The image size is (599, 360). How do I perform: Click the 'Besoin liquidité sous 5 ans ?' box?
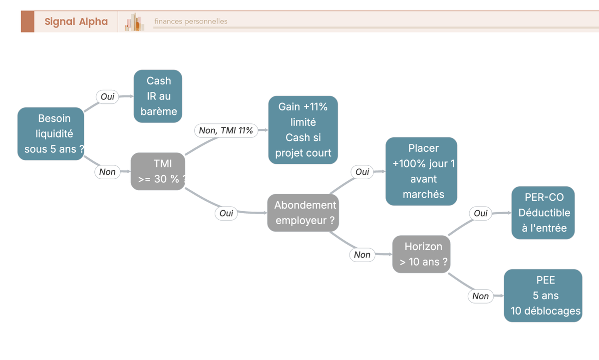(x=51, y=134)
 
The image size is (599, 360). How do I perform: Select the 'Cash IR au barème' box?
(x=158, y=96)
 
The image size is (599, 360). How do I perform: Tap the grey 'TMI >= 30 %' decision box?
(x=158, y=171)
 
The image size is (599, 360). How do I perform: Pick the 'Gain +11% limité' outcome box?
(x=303, y=130)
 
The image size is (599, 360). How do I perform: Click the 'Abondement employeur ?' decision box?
(x=303, y=213)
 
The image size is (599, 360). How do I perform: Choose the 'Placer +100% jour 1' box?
(x=421, y=171)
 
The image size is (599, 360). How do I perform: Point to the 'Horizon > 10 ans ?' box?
(x=421, y=254)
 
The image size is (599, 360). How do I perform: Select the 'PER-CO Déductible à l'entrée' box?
(x=543, y=213)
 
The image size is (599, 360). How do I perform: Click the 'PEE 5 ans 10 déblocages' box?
(x=543, y=296)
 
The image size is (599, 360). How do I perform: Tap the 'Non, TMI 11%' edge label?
(x=226, y=130)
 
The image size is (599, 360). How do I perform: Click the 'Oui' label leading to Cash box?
(x=107, y=96)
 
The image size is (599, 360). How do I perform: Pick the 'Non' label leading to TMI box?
(x=107, y=172)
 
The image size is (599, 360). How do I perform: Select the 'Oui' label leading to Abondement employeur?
(x=226, y=213)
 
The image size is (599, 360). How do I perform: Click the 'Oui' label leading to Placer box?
(x=362, y=172)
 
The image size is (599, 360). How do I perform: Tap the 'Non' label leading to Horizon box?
(x=362, y=255)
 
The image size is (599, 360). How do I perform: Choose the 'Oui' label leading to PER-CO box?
(x=481, y=213)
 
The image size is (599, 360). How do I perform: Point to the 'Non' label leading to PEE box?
(x=481, y=296)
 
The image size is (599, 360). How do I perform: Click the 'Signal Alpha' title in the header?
(x=76, y=21)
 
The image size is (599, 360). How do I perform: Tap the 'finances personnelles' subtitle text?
(x=191, y=21)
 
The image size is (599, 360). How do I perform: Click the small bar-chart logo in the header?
(x=134, y=22)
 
